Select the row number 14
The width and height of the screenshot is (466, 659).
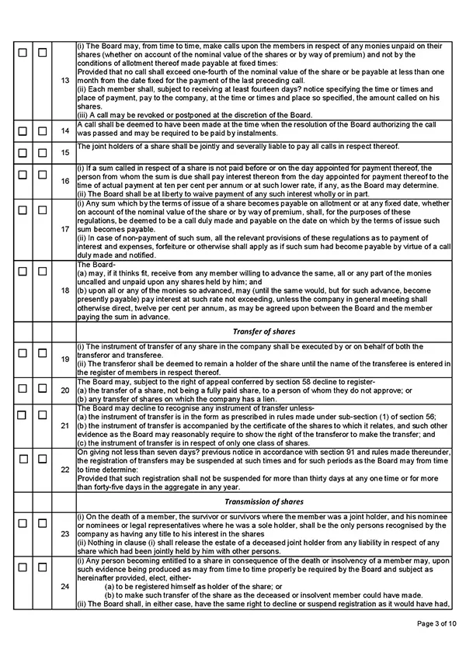click(64, 131)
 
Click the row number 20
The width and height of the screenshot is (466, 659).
click(64, 390)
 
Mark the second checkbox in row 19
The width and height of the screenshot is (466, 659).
click(43, 354)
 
